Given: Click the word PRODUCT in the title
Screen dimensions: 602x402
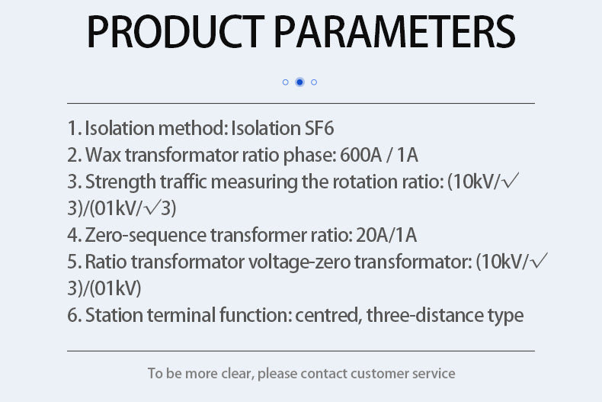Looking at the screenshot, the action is coord(176,31).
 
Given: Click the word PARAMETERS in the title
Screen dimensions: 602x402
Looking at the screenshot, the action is coord(395,31).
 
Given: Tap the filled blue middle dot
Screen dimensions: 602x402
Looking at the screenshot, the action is coord(299,82).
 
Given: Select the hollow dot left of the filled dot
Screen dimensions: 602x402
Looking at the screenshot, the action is coord(285,82).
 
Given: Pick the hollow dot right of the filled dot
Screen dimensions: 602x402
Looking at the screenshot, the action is coord(314,82).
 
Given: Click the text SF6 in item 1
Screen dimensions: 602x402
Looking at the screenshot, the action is coord(319,128).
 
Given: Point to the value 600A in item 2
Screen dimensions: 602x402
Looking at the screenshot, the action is coord(360,156).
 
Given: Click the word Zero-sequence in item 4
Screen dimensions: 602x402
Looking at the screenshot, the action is coord(146,235).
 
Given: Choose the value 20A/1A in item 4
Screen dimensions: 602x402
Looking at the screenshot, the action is coord(386,235).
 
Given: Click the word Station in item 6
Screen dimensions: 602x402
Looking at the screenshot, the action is coord(114,315).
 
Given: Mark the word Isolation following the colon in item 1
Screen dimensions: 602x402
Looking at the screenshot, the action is coord(266,128).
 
